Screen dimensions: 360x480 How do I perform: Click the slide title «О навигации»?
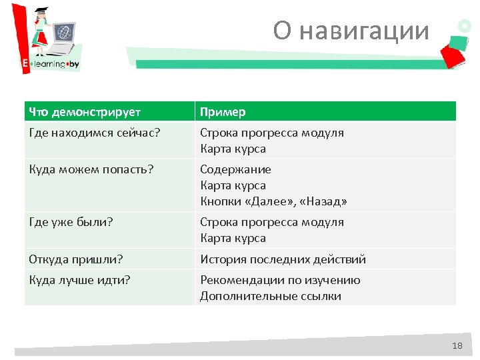point(351,30)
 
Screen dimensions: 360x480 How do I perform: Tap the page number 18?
point(457,345)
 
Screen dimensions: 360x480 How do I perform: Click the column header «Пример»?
point(223,111)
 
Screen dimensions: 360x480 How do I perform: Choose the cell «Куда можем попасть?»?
point(91,169)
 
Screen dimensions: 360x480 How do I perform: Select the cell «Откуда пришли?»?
point(76,259)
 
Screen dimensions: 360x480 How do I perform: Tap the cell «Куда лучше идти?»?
point(79,280)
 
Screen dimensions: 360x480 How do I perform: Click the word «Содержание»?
point(235,169)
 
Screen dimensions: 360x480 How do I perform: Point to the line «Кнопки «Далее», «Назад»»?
point(273,201)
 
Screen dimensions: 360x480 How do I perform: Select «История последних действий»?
point(283,259)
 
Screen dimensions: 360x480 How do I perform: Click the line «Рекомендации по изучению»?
point(280,280)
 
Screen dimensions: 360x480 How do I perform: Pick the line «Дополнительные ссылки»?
point(270,296)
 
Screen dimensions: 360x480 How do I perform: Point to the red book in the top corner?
point(453,52)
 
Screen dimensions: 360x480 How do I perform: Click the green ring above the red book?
point(464,25)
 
